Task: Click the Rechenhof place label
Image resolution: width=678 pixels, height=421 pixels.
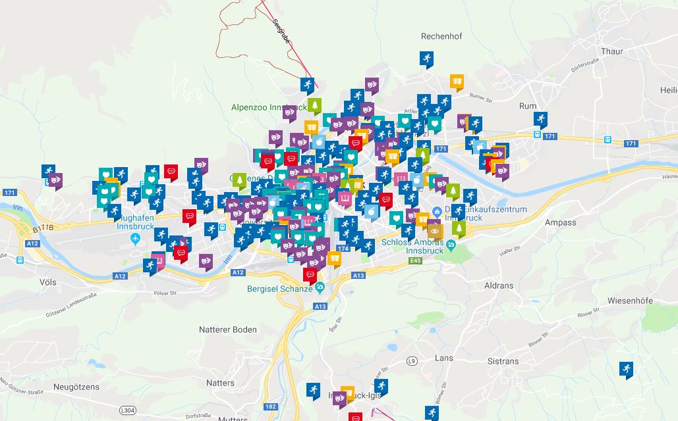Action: click(441, 36)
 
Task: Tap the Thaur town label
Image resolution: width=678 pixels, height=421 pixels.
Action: click(611, 51)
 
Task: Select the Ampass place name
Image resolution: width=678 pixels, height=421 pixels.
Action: click(560, 222)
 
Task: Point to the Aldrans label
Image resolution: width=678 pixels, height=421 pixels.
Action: click(498, 286)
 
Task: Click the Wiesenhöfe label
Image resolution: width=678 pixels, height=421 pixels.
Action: click(630, 301)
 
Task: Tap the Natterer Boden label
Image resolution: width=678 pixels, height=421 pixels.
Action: click(228, 330)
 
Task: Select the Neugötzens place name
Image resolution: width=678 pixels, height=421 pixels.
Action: click(76, 387)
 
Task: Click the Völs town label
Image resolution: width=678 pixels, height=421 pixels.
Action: click(48, 282)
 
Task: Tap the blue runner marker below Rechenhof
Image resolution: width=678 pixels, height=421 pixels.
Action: click(426, 59)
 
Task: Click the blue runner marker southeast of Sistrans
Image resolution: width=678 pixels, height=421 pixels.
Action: click(626, 369)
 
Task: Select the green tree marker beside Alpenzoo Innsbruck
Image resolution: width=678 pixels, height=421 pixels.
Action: click(315, 105)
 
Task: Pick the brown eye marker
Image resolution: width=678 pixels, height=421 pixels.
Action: click(435, 230)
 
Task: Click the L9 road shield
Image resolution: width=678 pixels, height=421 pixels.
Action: click(412, 361)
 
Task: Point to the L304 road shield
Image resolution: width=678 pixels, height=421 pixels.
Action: click(129, 410)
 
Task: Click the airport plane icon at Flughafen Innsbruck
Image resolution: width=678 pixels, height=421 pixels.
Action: click(136, 237)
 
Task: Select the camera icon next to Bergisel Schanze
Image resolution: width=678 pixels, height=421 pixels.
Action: click(320, 287)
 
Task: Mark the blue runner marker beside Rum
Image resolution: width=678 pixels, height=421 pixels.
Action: click(541, 119)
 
